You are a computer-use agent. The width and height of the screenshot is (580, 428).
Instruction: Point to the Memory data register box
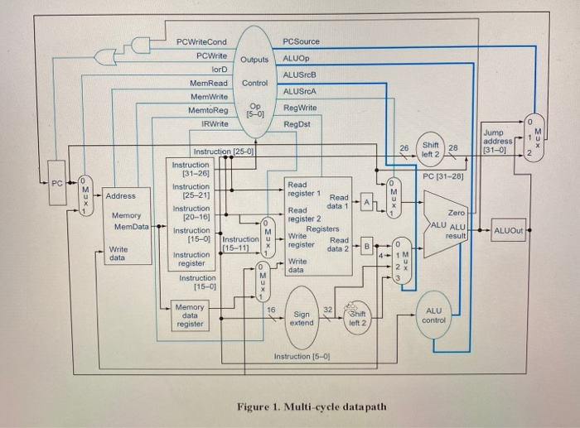tap(190, 315)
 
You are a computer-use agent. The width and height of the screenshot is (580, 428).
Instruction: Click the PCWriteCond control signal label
tap(201, 41)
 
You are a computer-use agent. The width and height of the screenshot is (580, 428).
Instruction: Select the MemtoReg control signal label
tap(208, 109)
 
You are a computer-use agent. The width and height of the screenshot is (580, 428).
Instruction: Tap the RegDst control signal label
tap(296, 123)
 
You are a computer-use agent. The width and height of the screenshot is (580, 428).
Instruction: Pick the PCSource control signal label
tap(301, 41)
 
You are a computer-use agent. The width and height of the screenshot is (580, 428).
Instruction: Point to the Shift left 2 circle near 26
tap(430, 148)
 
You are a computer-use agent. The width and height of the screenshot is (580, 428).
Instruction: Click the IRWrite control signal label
tap(214, 123)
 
